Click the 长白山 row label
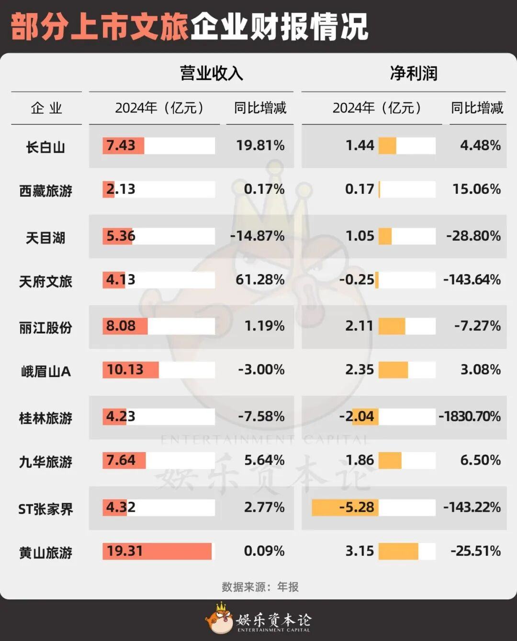coord(45,147)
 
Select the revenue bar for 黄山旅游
coord(157,551)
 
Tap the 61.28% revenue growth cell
coord(260,279)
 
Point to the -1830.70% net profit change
coord(470,416)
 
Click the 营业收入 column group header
coord(211,73)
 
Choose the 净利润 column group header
coord(414,73)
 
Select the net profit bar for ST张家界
coord(345,507)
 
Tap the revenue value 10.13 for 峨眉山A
coord(125,370)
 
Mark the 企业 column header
coord(46,108)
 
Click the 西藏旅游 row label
coord(45,191)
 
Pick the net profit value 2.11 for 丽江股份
coord(359,326)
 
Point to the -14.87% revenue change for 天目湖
coord(258,236)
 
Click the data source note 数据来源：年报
coord(260,586)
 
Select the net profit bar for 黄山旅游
coord(398,551)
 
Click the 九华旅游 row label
coord(45,462)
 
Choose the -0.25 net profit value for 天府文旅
coord(357,279)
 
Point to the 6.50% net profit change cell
coord(480,460)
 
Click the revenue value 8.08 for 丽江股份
coord(121,326)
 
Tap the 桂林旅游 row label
coord(45,418)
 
